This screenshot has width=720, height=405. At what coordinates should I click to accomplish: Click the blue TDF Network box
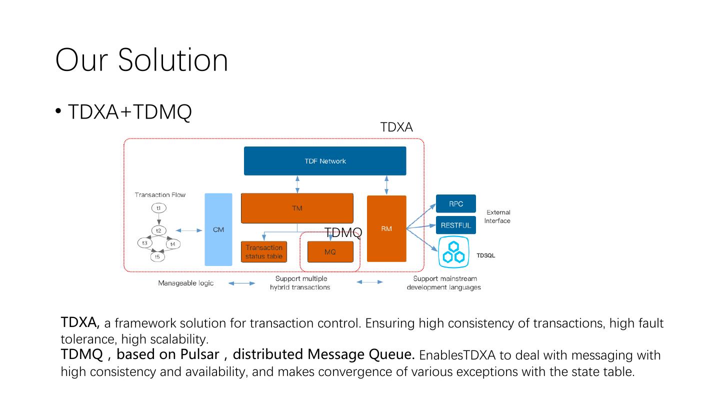pyautogui.click(x=325, y=161)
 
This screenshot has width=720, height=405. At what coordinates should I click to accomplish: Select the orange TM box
pyautogui.click(x=297, y=208)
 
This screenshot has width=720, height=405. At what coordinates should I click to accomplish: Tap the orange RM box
pyautogui.click(x=386, y=228)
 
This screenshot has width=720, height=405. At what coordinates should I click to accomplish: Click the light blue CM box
pyautogui.click(x=218, y=229)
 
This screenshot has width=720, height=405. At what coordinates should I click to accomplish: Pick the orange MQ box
pyautogui.click(x=330, y=252)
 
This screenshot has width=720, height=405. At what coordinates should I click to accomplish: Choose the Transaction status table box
pyautogui.click(x=264, y=252)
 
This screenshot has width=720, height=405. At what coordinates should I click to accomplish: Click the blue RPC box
pyautogui.click(x=456, y=204)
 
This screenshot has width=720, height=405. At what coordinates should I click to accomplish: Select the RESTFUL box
pyautogui.click(x=456, y=225)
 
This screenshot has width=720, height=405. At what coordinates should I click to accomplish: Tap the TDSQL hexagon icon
pyautogui.click(x=454, y=252)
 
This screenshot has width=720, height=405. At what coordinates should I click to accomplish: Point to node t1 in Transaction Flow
pyautogui.click(x=158, y=208)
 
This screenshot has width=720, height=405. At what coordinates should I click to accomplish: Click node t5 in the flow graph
pyautogui.click(x=157, y=256)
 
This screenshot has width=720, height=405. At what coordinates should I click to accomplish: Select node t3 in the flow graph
pyautogui.click(x=145, y=243)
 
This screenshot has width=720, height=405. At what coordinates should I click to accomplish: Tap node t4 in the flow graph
pyautogui.click(x=172, y=244)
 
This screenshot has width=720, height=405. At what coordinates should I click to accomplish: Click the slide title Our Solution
pyautogui.click(x=141, y=60)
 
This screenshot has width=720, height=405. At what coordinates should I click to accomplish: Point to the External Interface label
pyautogui.click(x=497, y=216)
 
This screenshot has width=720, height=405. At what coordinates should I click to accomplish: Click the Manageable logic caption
pyautogui.click(x=186, y=283)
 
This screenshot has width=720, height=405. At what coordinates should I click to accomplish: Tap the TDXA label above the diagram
pyautogui.click(x=396, y=127)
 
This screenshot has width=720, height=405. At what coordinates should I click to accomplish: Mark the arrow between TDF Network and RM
pyautogui.click(x=386, y=185)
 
